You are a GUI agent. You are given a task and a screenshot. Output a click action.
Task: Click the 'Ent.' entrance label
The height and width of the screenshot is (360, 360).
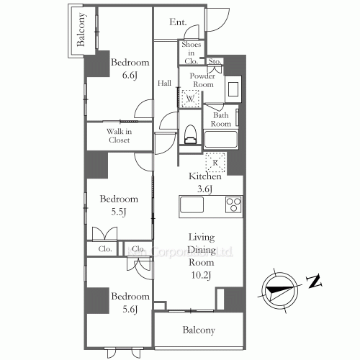(179, 22)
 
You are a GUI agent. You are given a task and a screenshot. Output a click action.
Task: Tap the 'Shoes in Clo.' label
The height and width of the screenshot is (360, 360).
(191, 52)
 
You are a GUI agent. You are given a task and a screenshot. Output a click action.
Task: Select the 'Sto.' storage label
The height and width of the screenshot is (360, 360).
(215, 62)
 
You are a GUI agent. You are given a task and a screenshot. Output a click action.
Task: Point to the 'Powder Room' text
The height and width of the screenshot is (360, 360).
(198, 79)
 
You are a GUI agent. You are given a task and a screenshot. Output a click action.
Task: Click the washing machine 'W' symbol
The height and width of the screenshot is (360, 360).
(192, 99)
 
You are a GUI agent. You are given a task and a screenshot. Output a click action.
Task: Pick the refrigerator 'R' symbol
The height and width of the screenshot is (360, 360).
(215, 161)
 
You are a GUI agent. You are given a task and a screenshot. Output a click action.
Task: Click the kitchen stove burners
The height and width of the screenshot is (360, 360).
(234, 204)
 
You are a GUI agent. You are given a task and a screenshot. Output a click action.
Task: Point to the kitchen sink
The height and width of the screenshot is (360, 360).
(192, 205)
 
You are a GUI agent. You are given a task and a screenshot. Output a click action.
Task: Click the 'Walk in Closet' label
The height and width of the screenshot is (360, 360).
(119, 135)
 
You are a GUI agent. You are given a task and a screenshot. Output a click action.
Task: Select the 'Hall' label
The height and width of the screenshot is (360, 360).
(164, 83)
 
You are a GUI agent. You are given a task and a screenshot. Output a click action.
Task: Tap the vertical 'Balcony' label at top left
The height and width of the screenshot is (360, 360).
(81, 30)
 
